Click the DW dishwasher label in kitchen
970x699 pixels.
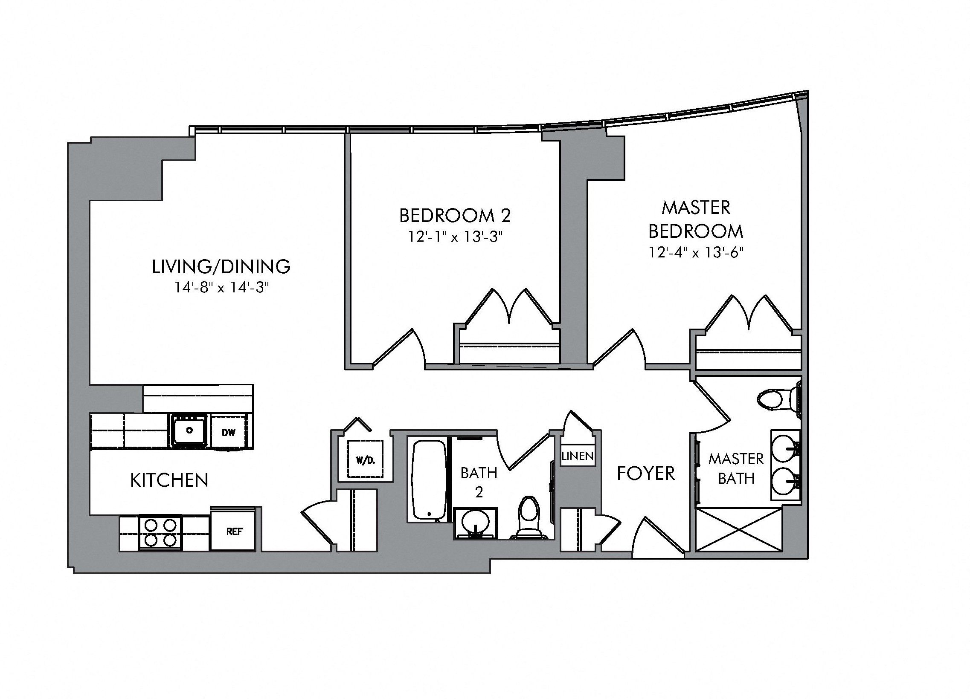229,432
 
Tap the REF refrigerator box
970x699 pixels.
234,531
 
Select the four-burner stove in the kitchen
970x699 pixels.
160,532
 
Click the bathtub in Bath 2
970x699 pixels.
428,480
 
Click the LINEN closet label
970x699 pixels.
578,456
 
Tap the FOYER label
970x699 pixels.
646,474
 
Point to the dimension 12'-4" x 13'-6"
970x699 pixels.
696,253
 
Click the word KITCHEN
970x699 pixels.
169,481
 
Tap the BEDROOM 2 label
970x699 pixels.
455,216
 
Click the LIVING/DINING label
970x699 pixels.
221,267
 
